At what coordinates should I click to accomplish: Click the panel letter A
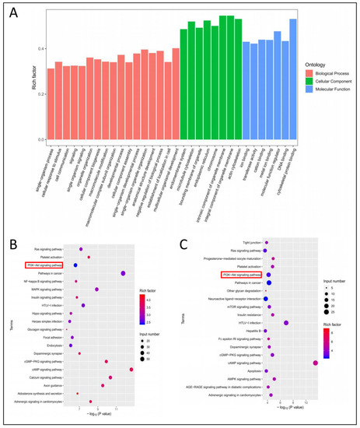13,10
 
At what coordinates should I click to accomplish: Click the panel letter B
13,230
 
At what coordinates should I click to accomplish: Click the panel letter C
184,230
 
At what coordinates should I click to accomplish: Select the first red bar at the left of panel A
51,103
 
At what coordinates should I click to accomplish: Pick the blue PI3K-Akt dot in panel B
75,265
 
